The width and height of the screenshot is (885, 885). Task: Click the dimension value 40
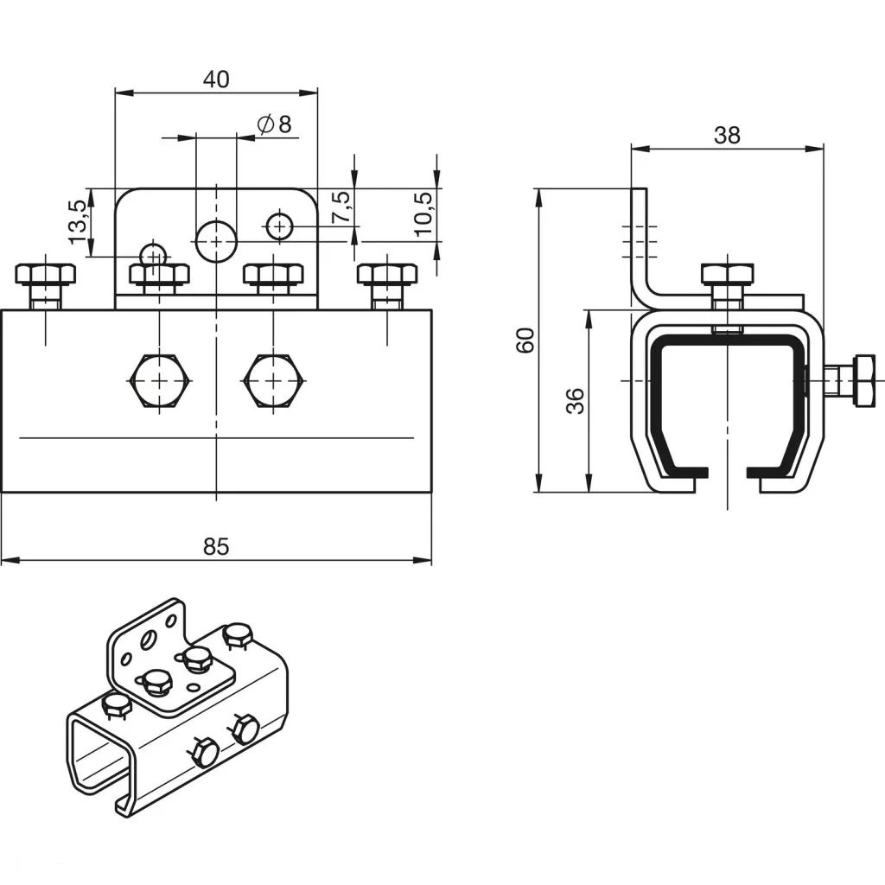coord(216,80)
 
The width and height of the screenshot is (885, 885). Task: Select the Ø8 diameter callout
coord(275,124)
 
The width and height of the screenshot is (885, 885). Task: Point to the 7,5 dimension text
coord(341,207)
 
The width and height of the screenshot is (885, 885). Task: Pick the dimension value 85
coord(216,546)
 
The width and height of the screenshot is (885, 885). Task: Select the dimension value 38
coord(727,135)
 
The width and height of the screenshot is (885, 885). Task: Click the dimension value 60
coord(525,340)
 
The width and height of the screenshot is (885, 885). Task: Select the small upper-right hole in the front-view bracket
coord(278,226)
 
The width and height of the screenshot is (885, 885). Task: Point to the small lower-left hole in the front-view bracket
coord(154,255)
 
